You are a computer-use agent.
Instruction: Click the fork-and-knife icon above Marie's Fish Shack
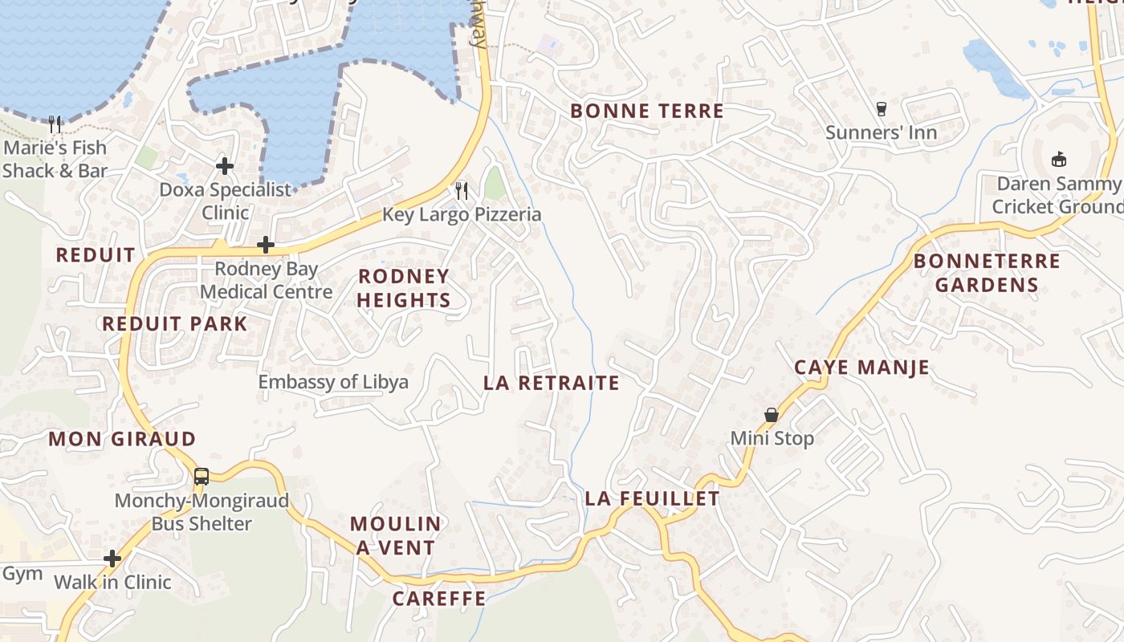tap(55, 124)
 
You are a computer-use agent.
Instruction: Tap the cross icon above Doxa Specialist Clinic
tap(225, 166)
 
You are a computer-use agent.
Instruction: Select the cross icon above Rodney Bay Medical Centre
tap(266, 244)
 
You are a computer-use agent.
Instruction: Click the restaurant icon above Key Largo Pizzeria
tap(462, 190)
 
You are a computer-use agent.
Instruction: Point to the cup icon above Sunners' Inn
tap(882, 108)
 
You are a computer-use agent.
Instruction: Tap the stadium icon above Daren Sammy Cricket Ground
tap(1059, 159)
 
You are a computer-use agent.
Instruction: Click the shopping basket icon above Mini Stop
tap(772, 415)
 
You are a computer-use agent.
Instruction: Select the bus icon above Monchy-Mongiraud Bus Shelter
tap(202, 476)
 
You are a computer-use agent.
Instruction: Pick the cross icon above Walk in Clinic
tap(112, 558)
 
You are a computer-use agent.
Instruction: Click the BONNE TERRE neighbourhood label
tap(647, 111)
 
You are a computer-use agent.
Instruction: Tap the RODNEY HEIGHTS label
tap(403, 288)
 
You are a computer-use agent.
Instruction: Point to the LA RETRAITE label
tap(552, 383)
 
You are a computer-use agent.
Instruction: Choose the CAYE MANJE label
tap(861, 368)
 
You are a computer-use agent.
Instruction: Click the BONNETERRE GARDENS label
tap(987, 273)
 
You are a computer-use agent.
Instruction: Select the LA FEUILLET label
tap(652, 498)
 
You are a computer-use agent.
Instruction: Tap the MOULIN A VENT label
tap(396, 536)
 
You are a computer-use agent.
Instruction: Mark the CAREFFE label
tap(439, 599)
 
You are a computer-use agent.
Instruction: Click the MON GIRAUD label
tap(122, 439)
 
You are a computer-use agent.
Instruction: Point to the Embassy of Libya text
tap(333, 382)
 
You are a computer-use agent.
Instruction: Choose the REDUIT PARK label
tap(175, 323)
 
